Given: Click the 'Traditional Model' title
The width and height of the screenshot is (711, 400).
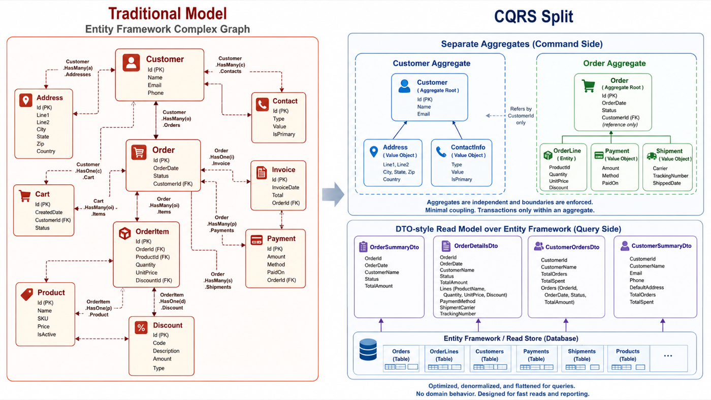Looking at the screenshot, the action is pyautogui.click(x=168, y=14).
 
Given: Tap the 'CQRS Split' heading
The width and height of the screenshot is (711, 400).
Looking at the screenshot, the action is pyautogui.click(x=534, y=16).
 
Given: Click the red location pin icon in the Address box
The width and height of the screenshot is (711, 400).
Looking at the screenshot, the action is pyautogui.click(x=26, y=100).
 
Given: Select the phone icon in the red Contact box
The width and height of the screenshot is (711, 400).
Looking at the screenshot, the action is pyautogui.click(x=262, y=104).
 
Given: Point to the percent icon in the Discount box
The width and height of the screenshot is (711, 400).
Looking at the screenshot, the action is pyautogui.click(x=141, y=328).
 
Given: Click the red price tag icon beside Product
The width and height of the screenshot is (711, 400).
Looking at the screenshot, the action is pyautogui.click(x=27, y=294).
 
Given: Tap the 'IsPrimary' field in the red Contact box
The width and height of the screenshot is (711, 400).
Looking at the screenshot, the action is pyautogui.click(x=284, y=134).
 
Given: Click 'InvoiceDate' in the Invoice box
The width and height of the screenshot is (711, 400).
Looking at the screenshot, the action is pyautogui.click(x=285, y=187).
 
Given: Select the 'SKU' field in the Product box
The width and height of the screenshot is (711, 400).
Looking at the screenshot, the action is pyautogui.click(x=43, y=318).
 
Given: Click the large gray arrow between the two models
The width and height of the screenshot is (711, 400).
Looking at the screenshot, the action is pyautogui.click(x=333, y=194).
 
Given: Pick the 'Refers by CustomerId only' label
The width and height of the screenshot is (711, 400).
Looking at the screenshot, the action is pyautogui.click(x=521, y=115).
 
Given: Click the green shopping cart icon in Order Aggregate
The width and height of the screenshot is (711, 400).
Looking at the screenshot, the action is pyautogui.click(x=588, y=86).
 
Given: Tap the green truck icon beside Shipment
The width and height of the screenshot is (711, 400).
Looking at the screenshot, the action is pyautogui.click(x=651, y=156).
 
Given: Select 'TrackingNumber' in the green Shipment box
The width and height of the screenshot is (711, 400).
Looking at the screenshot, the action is pyautogui.click(x=670, y=176).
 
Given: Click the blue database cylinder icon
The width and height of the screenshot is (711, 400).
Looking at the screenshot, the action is pyautogui.click(x=368, y=350).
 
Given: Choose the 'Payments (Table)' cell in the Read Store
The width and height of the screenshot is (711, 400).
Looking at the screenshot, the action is pyautogui.click(x=536, y=358).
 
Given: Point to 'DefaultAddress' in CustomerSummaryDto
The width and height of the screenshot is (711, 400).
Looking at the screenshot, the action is pyautogui.click(x=647, y=287).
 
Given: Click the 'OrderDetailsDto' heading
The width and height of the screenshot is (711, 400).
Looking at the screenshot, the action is pyautogui.click(x=476, y=246).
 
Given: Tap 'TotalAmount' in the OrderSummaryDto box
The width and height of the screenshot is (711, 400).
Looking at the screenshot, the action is pyautogui.click(x=379, y=286).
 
